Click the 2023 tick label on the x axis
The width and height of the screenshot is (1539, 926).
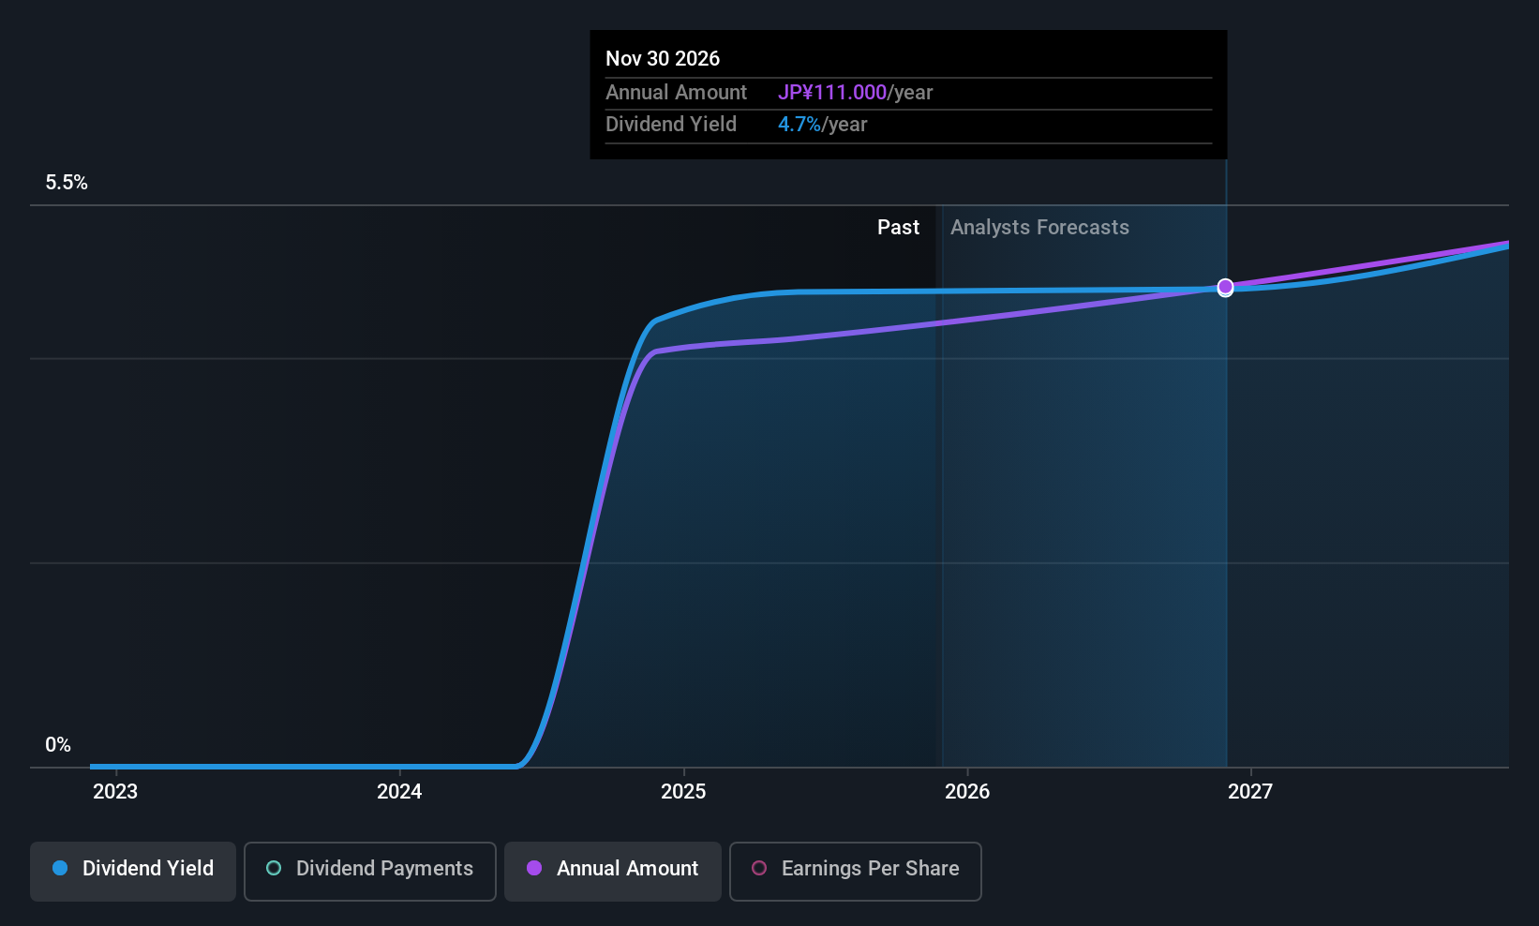[115, 792]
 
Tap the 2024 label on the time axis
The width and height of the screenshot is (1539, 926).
[399, 792]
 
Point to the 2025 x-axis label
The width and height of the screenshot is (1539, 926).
[683, 792]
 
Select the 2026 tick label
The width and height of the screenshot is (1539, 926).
[967, 792]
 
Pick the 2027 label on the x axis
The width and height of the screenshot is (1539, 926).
[1250, 792]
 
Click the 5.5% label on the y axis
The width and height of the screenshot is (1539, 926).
[67, 183]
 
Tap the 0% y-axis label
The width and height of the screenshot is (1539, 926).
[58, 745]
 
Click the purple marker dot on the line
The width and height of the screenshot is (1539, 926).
[1225, 287]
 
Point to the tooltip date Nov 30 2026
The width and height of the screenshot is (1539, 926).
[663, 59]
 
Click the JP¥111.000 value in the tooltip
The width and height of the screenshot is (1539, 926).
[832, 93]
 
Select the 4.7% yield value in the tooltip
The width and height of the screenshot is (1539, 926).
[799, 125]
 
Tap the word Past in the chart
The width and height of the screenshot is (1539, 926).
[898, 228]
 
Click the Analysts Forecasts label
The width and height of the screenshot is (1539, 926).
[1039, 228]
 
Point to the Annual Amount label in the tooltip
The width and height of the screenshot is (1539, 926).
[676, 93]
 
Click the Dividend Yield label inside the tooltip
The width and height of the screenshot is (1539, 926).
[671, 125]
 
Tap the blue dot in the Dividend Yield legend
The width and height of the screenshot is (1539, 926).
[60, 869]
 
